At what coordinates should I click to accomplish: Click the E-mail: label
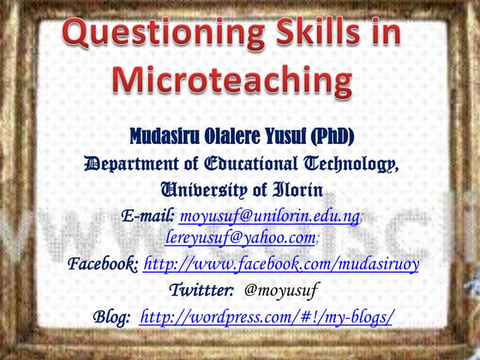(x=148, y=217)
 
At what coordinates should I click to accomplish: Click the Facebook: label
(x=103, y=264)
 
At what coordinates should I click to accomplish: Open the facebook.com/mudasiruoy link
(x=280, y=264)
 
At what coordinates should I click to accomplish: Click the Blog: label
(x=112, y=316)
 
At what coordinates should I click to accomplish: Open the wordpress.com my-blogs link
(x=266, y=316)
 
